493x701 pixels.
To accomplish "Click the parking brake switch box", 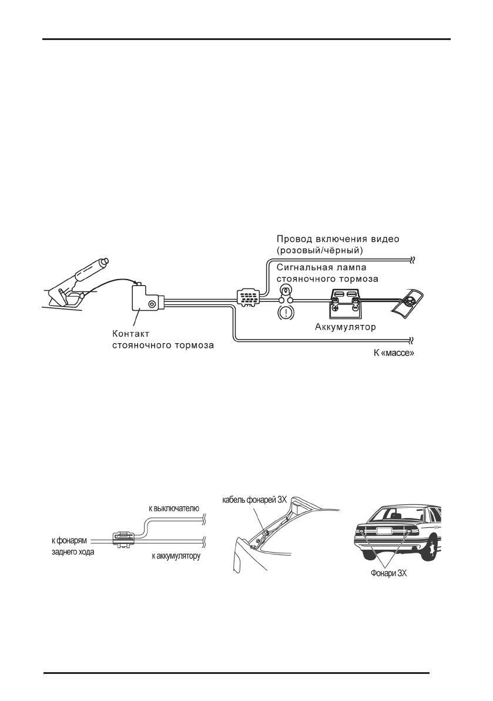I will click(146, 300).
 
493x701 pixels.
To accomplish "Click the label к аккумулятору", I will click(176, 555).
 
